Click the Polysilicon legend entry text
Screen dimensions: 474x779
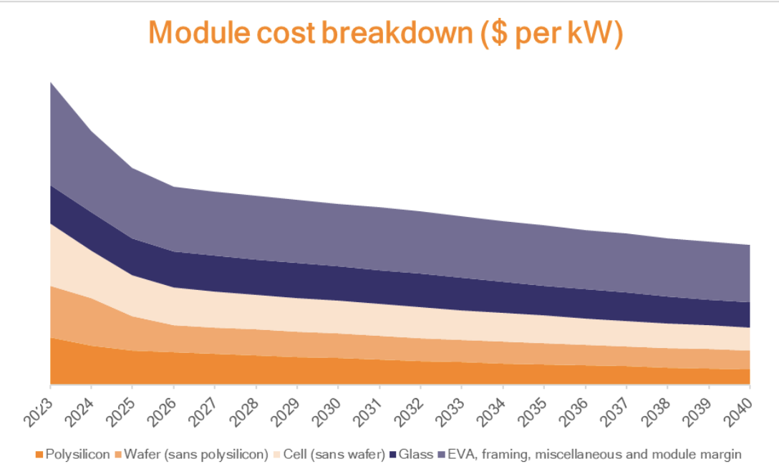[78, 454]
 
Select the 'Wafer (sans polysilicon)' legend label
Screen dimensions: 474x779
[195, 454]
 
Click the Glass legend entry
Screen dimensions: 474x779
[415, 454]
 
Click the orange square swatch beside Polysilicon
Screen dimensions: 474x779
[39, 455]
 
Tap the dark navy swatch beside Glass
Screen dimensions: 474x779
[394, 455]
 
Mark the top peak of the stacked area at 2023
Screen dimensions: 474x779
[50, 83]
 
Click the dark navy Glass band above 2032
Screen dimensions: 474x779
[421, 290]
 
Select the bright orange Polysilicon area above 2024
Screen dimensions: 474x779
[91, 365]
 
